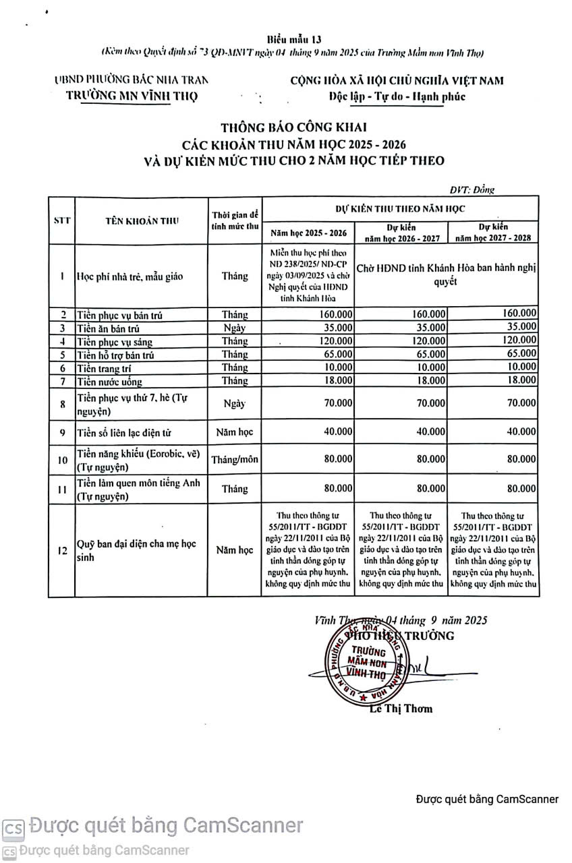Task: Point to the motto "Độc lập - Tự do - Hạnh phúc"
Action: click(397, 96)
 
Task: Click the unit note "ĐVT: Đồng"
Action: click(472, 190)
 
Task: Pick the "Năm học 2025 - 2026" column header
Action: click(308, 233)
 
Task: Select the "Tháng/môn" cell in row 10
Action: click(235, 460)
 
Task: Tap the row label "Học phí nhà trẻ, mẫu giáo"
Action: click(129, 276)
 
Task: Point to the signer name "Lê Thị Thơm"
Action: click(401, 709)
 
